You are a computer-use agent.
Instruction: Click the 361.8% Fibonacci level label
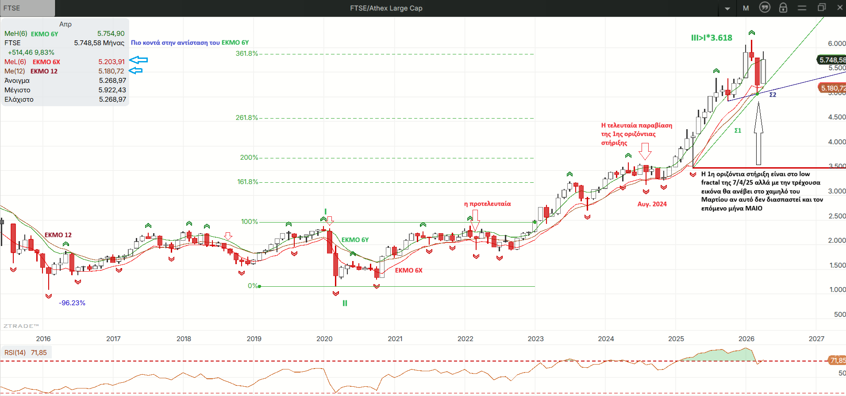(246, 54)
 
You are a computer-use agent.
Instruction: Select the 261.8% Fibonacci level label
(246, 118)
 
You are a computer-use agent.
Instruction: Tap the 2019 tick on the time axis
(254, 339)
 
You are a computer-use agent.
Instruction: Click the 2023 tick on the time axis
(535, 339)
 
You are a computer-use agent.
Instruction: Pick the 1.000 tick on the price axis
(837, 290)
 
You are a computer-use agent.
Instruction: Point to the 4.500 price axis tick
(837, 117)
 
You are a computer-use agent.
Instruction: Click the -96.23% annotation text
(72, 303)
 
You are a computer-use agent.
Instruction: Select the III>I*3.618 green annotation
(711, 38)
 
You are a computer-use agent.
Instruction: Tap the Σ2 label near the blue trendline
(773, 95)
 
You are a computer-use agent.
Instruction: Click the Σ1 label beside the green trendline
(738, 131)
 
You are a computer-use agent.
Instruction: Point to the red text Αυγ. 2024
(652, 204)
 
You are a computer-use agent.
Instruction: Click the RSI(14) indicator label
(15, 353)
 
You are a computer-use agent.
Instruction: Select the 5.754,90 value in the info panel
(111, 34)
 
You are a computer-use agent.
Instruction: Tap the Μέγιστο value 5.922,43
(112, 90)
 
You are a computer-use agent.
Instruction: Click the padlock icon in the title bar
(783, 8)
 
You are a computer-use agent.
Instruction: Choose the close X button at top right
(840, 8)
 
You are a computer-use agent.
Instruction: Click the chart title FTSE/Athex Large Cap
(386, 8)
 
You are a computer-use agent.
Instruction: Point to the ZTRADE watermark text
(21, 326)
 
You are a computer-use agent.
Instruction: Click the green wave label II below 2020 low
(345, 304)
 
